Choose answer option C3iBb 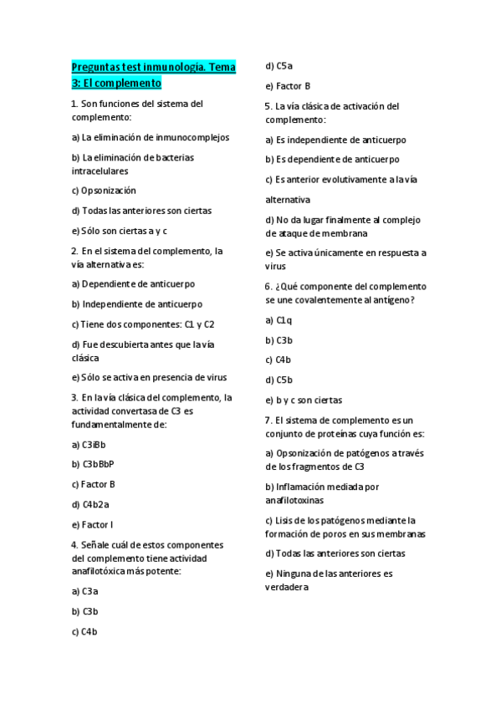click(94, 444)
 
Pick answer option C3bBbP click(98, 464)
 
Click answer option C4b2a click(95, 504)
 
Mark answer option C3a click(90, 591)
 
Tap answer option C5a click(284, 65)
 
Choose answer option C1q click(284, 319)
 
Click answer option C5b click(284, 380)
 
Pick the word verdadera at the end click(287, 587)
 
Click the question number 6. click(268, 286)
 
